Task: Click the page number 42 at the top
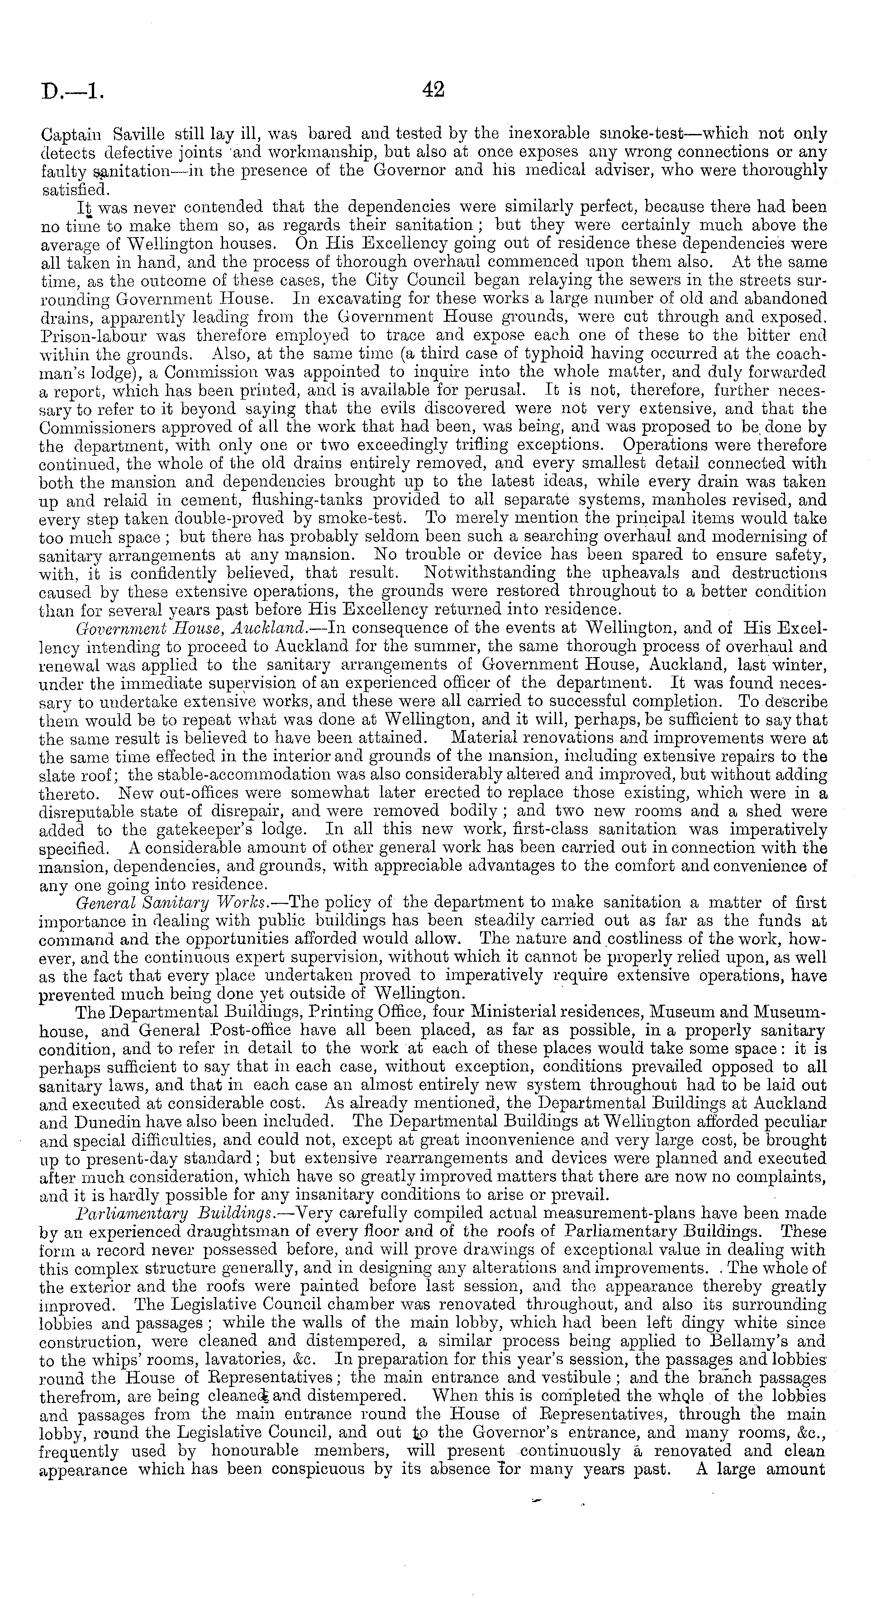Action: (433, 91)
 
